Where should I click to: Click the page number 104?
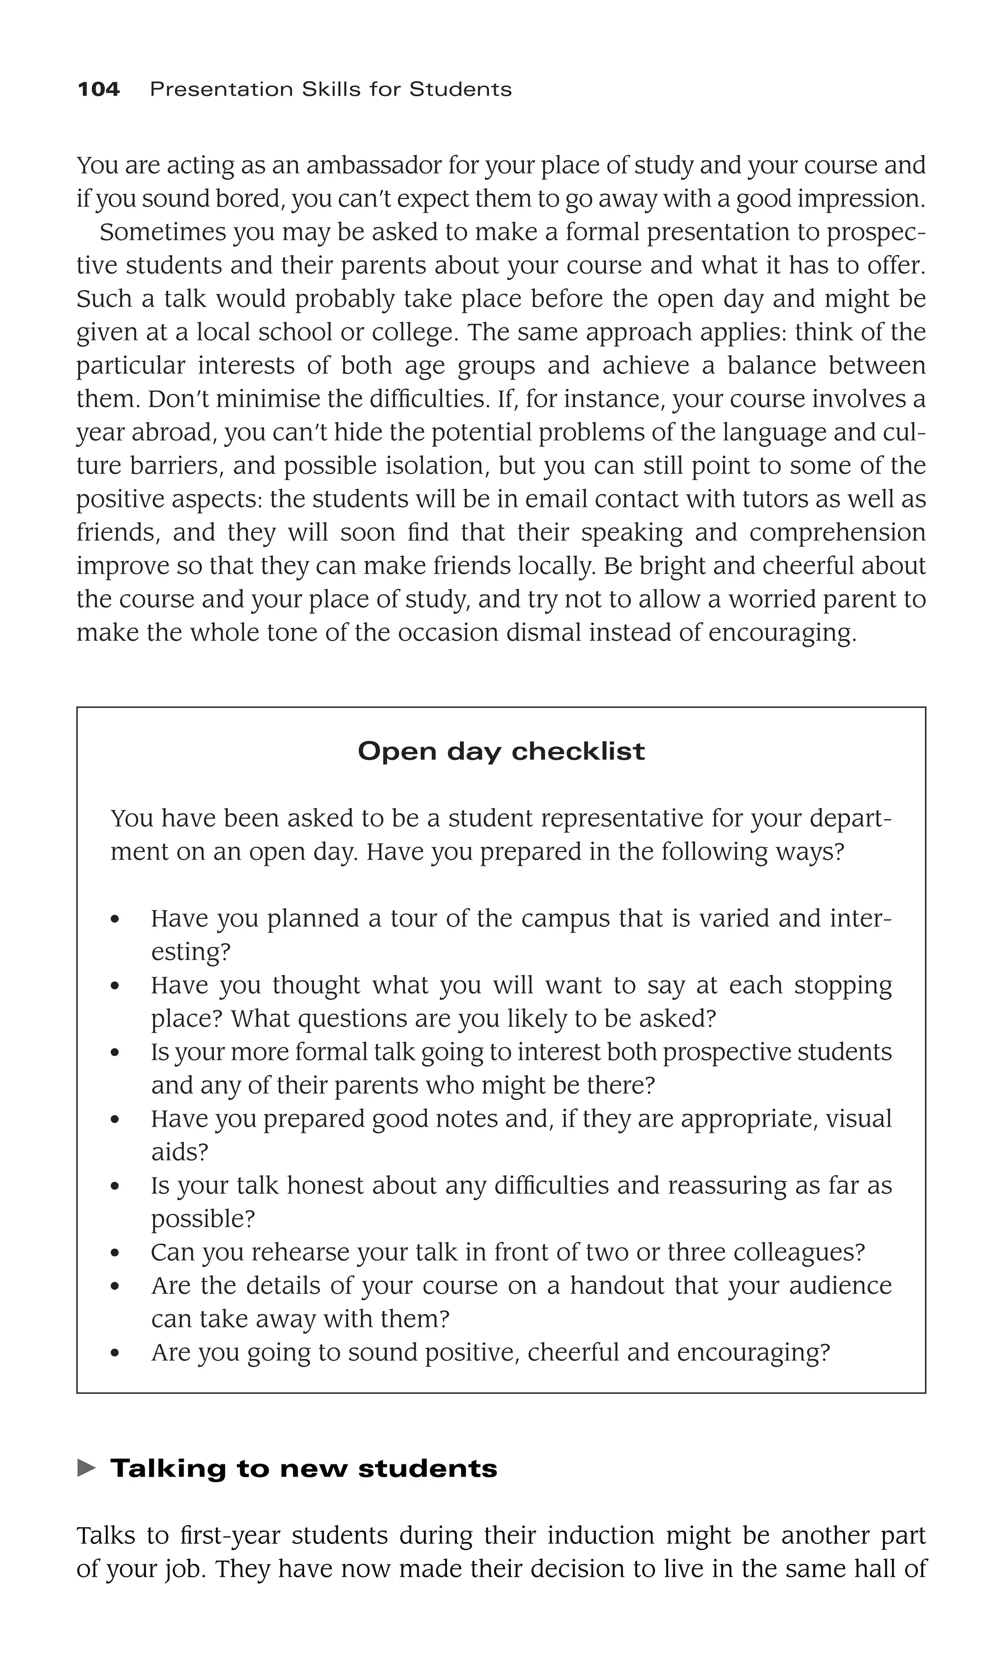pos(99,89)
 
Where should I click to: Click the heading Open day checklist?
pos(501,751)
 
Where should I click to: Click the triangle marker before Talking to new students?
pos(86,1468)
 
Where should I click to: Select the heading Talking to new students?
pos(303,1468)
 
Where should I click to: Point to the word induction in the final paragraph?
pos(601,1536)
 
